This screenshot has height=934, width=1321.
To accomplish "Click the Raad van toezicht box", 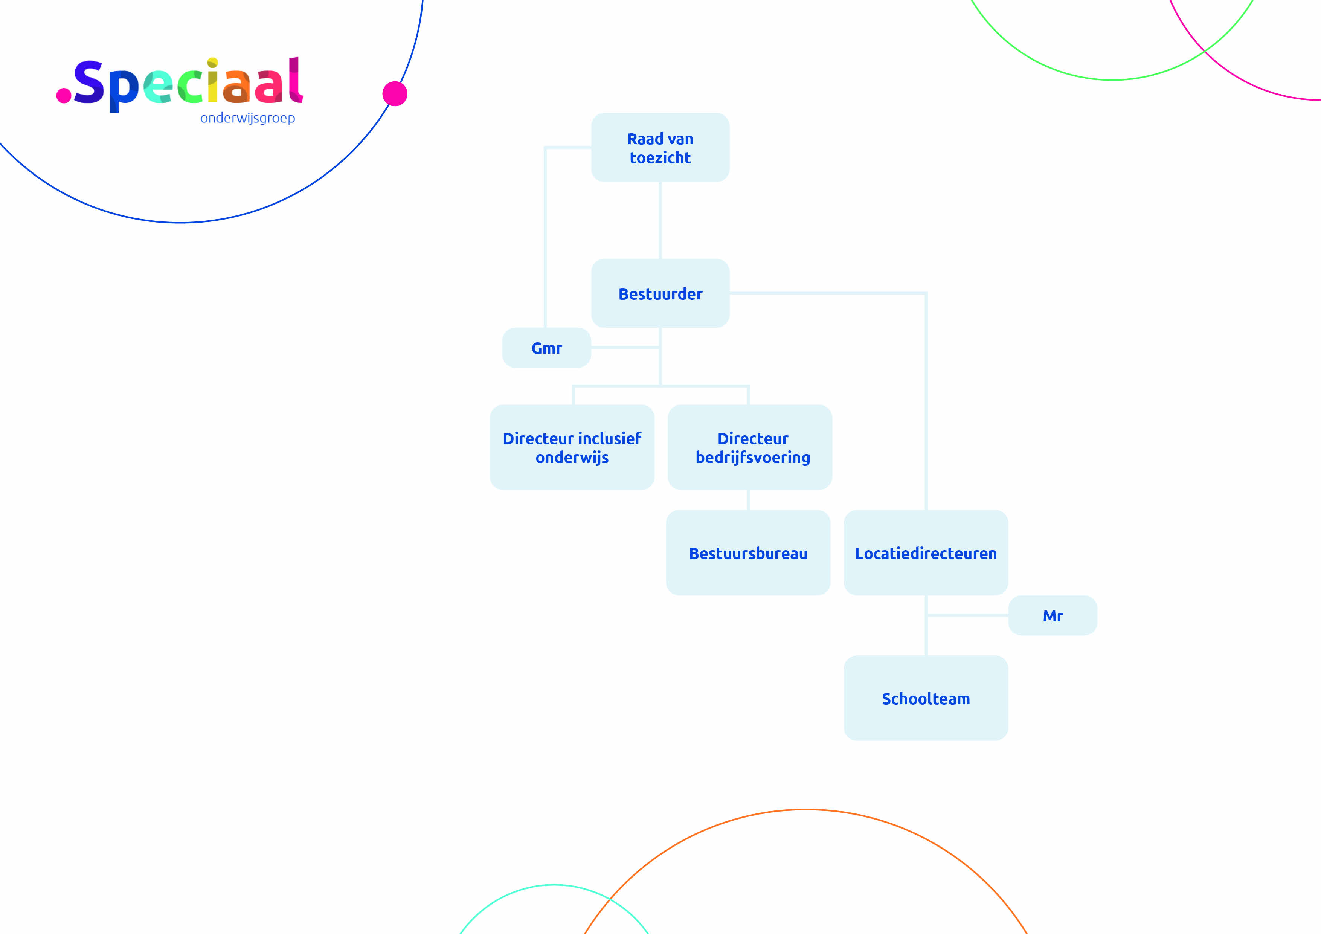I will [x=660, y=147].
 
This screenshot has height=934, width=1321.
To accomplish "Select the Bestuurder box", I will [x=660, y=293].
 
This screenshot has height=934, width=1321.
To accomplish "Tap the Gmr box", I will [x=546, y=348].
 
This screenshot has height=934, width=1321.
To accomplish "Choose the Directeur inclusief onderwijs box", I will [x=572, y=447].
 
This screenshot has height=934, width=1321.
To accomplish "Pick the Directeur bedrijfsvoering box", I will [x=750, y=447].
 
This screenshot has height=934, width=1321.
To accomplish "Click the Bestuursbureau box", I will [x=748, y=552].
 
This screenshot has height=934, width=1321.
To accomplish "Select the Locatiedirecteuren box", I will [x=926, y=552].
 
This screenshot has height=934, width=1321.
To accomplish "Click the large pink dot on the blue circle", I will [x=395, y=94].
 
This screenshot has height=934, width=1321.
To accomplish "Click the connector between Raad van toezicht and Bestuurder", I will [x=660, y=220].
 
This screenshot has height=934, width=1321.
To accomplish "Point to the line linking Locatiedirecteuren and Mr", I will [x=967, y=615].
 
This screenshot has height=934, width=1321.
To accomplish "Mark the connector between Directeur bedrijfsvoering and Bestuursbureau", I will [x=748, y=499].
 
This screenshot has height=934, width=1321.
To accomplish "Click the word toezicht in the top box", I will [x=660, y=158].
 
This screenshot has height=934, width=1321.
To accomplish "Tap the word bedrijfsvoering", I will [x=752, y=458].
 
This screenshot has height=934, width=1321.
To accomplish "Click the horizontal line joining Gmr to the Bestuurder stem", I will [x=625, y=348].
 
